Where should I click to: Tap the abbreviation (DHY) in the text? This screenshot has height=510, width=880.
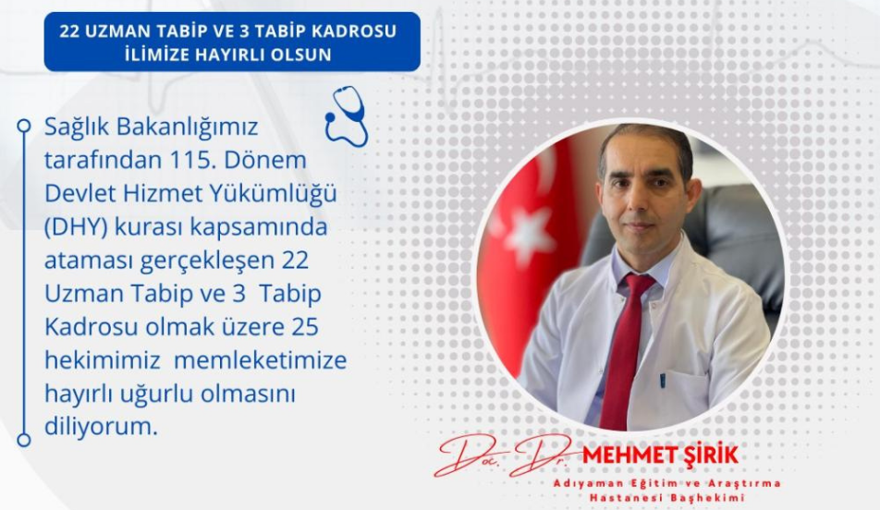(74, 227)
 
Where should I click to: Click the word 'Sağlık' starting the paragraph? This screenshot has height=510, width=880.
(78, 127)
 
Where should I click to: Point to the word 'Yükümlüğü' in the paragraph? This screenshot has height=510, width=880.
(262, 194)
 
